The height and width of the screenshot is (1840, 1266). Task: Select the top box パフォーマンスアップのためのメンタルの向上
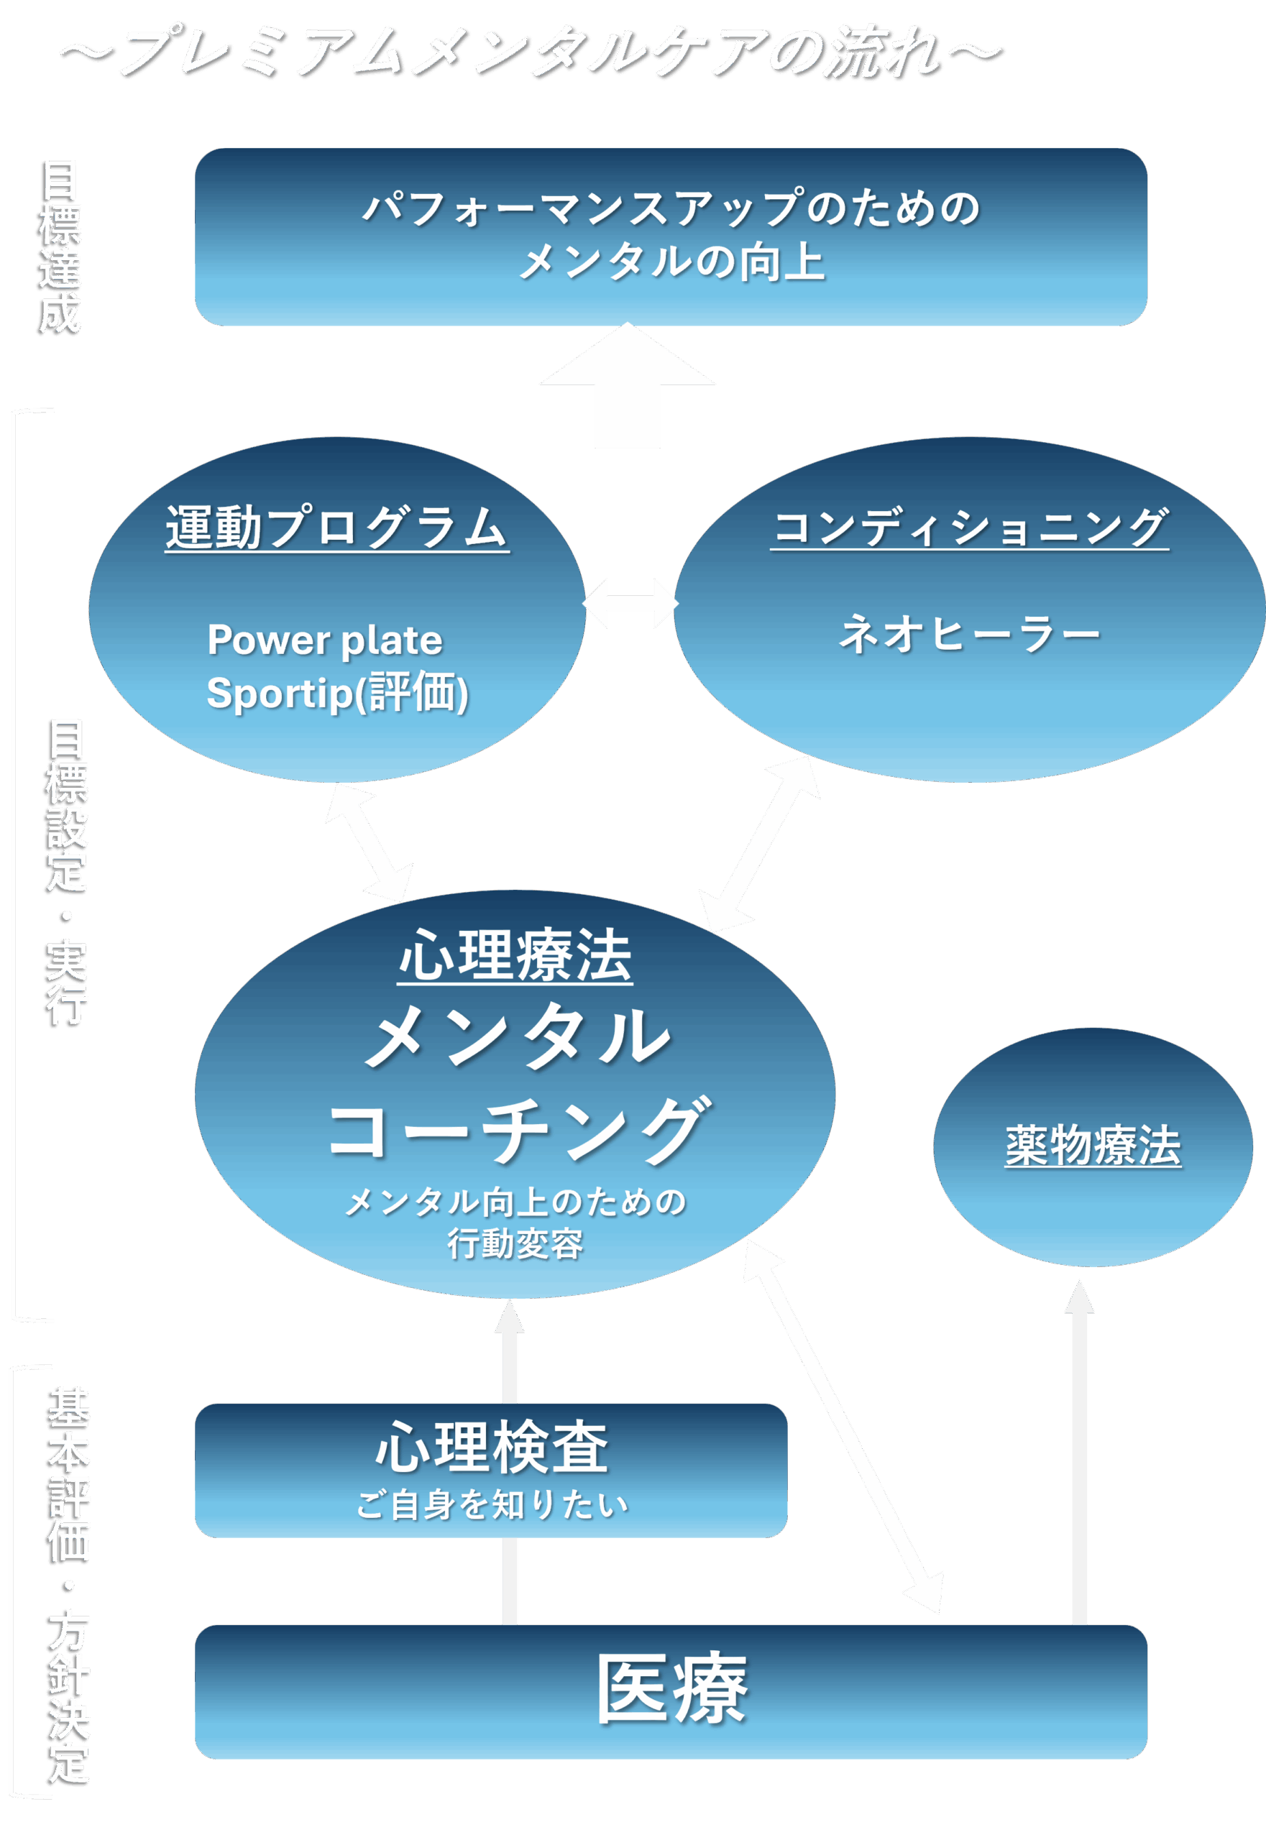(670, 236)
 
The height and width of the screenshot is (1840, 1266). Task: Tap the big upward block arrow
(628, 389)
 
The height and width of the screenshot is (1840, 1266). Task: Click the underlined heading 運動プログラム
(336, 528)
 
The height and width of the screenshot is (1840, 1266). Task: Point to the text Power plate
(324, 640)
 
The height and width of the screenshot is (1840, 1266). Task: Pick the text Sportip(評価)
(337, 692)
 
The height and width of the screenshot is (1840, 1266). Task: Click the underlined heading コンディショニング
(969, 528)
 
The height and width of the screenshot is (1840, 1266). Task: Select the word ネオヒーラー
(969, 635)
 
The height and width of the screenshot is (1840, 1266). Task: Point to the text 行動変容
(515, 1243)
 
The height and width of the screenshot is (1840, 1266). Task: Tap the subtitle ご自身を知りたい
(492, 1504)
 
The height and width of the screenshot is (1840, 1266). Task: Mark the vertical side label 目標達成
(61, 246)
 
